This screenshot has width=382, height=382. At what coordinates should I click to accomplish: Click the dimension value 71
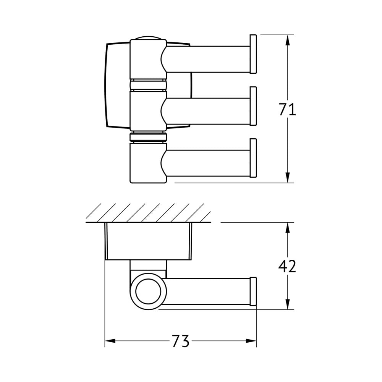coord(288,109)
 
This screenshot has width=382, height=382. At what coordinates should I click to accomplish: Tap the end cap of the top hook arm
coord(253,54)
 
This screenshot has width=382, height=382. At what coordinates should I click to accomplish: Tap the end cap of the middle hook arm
coord(253,106)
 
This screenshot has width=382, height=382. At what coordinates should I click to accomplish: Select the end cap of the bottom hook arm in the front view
coord(253,158)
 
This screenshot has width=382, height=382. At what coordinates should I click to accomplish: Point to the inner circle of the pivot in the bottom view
coord(148,291)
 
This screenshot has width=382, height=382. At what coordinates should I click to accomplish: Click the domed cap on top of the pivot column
coord(148,38)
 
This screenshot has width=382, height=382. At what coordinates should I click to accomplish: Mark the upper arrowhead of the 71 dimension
coord(288,40)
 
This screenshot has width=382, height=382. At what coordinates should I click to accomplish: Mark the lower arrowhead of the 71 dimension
coord(288,177)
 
